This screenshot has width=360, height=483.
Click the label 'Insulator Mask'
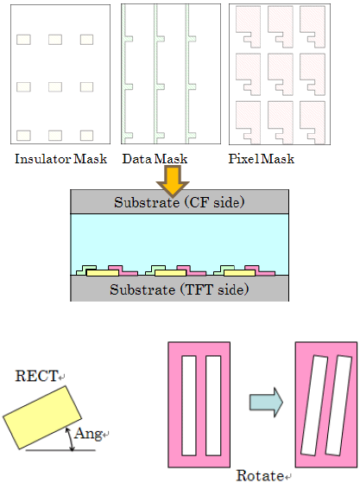tap(61, 159)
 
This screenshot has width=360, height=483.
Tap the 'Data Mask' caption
tap(155, 159)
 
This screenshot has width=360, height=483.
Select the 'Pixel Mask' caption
tap(262, 159)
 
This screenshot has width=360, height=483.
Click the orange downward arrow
tap(173, 181)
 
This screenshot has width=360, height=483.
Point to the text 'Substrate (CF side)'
tap(180, 202)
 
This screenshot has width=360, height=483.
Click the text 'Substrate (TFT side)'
tap(180, 289)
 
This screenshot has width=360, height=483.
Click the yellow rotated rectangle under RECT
tap(42, 417)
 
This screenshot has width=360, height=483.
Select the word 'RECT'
tap(36, 376)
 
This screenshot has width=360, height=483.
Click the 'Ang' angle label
tap(88, 433)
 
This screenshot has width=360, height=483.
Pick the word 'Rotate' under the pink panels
tap(260, 475)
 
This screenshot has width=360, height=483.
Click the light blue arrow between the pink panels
tap(266, 403)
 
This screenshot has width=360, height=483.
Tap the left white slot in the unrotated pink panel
tap(189, 406)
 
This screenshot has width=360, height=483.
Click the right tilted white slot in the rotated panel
tap(338, 405)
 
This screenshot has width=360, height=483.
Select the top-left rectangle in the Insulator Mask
tap(23, 40)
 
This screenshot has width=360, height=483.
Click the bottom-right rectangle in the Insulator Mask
tap(87, 136)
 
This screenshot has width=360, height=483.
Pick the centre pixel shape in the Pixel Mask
tap(281, 74)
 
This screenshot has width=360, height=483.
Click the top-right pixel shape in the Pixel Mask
tap(313, 27)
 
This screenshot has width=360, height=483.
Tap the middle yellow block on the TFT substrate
tap(170, 273)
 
